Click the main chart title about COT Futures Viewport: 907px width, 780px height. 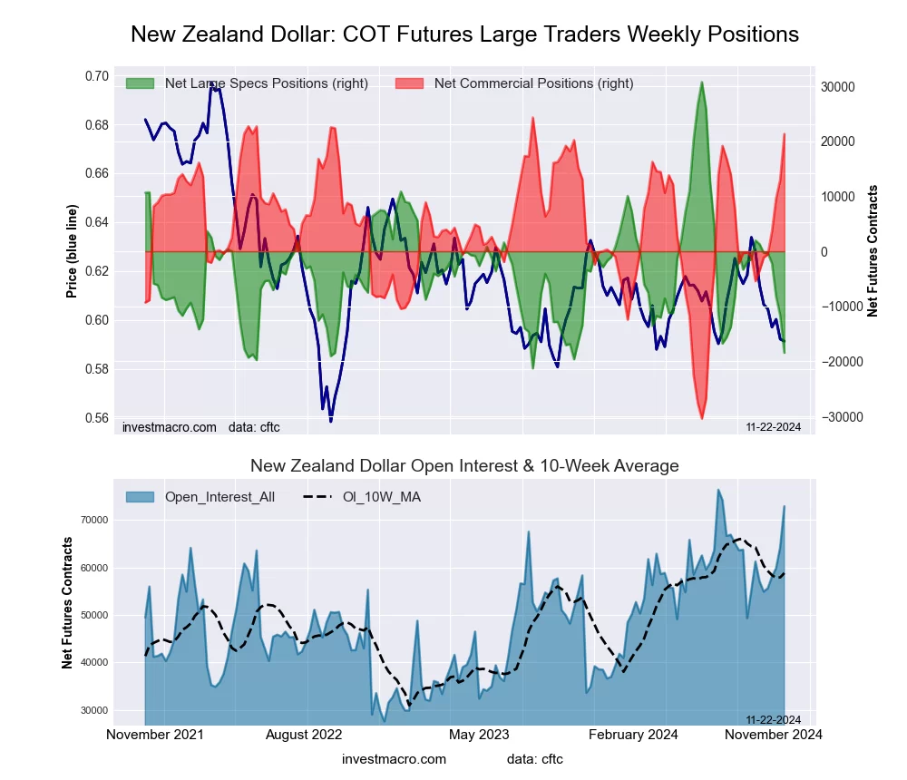pos(464,34)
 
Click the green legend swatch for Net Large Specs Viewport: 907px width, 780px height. pos(141,83)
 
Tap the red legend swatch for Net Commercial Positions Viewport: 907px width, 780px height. pos(410,83)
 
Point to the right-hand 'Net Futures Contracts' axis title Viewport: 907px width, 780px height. pos(873,250)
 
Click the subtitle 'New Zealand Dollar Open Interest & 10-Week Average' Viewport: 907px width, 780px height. pos(464,466)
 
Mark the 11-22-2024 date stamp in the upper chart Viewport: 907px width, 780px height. pos(773,426)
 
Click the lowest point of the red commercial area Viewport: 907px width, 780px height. pos(702,418)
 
